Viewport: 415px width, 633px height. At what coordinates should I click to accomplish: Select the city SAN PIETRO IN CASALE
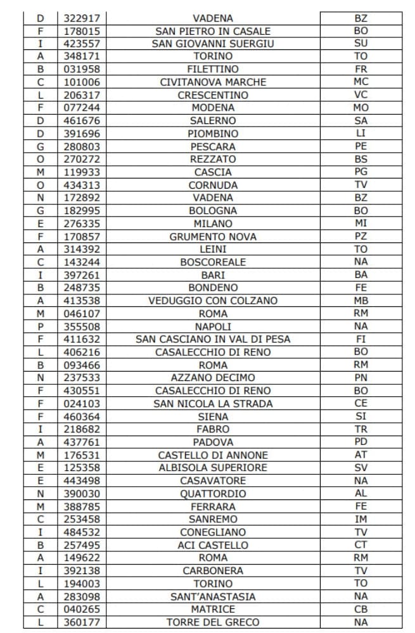(213, 31)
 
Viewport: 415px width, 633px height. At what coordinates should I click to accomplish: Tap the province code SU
(361, 44)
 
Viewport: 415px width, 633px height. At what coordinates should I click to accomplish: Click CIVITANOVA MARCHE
(213, 82)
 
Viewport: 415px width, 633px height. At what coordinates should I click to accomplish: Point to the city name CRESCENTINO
(213, 95)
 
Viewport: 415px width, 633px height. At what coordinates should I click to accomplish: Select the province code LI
(361, 134)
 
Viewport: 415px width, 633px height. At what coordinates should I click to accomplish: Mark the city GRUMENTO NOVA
(213, 237)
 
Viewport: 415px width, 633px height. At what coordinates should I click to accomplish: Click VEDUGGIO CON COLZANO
(213, 301)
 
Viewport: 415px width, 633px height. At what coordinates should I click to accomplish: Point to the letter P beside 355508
(41, 327)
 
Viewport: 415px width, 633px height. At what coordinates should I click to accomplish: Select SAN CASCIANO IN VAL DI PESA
(213, 339)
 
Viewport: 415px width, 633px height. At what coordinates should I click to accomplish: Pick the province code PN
(361, 378)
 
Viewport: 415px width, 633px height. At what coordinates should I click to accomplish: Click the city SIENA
(213, 417)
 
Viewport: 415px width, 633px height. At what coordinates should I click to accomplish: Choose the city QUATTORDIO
(213, 494)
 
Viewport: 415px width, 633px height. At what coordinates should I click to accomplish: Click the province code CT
(361, 545)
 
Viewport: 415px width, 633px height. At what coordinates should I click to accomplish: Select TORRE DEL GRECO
(213, 622)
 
